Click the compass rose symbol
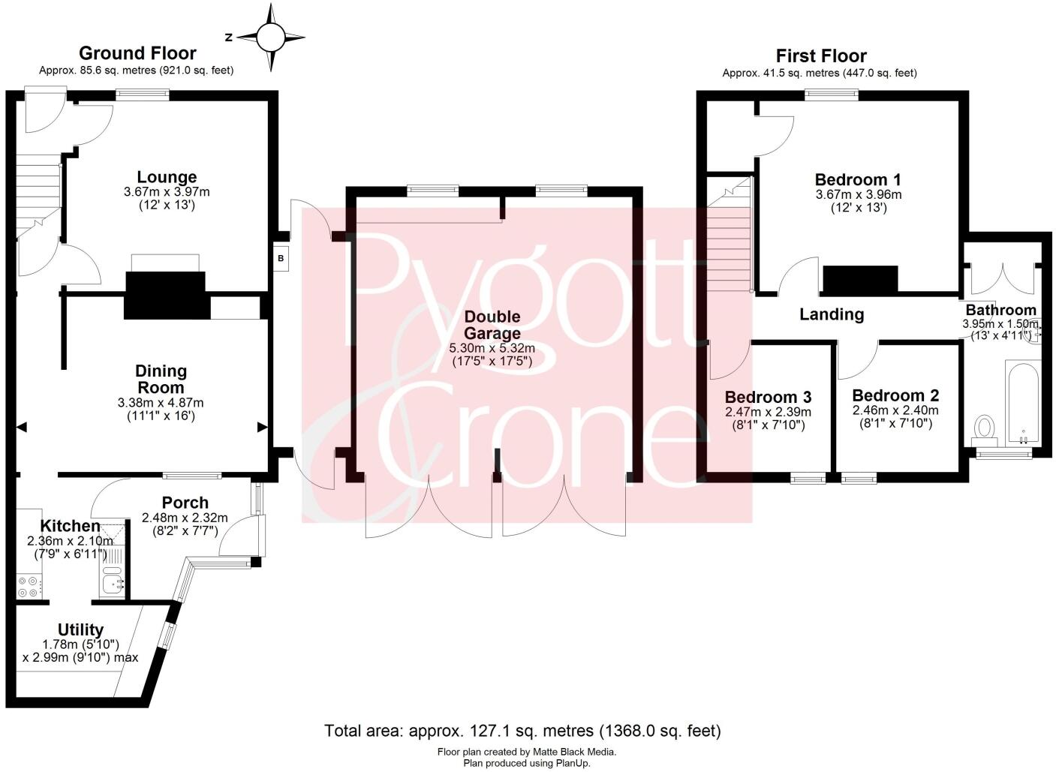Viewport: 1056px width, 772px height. (271, 37)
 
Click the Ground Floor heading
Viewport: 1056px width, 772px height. (137, 53)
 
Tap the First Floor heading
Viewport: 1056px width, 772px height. (820, 56)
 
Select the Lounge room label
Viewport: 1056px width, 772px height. (167, 177)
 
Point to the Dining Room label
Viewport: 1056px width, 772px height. (161, 379)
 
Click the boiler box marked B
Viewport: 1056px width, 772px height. (281, 259)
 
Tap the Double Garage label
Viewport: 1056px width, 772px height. (492, 325)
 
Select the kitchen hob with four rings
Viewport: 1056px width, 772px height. (30, 586)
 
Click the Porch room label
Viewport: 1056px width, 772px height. (185, 503)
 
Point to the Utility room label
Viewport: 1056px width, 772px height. (80, 629)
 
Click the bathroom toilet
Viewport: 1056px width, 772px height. (983, 428)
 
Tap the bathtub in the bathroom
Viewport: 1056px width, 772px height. (1021, 401)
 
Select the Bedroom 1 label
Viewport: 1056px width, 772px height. (858, 180)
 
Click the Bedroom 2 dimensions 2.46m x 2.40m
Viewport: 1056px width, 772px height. (895, 410)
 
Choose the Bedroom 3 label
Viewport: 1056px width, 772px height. (768, 397)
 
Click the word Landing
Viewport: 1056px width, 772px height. (831, 314)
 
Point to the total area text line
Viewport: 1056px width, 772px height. (522, 730)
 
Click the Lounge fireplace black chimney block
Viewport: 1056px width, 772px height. (165, 295)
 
